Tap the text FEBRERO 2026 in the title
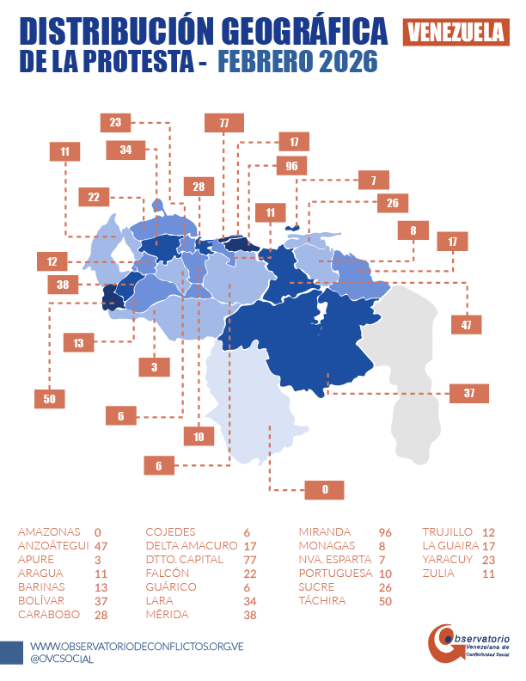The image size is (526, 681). click(x=297, y=63)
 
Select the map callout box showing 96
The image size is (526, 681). click(x=291, y=165)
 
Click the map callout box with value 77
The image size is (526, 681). click(x=223, y=123)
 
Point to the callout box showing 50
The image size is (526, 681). click(x=48, y=398)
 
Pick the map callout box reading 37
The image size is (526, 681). click(x=469, y=393)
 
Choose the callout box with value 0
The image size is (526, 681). click(x=325, y=489)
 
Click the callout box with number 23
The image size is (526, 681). click(x=115, y=122)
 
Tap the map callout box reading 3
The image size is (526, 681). click(x=155, y=367)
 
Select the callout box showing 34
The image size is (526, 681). click(x=126, y=150)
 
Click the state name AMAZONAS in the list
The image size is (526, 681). click(x=49, y=531)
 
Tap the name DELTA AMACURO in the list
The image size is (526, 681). click(x=191, y=545)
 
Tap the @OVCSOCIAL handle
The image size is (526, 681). click(x=62, y=659)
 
